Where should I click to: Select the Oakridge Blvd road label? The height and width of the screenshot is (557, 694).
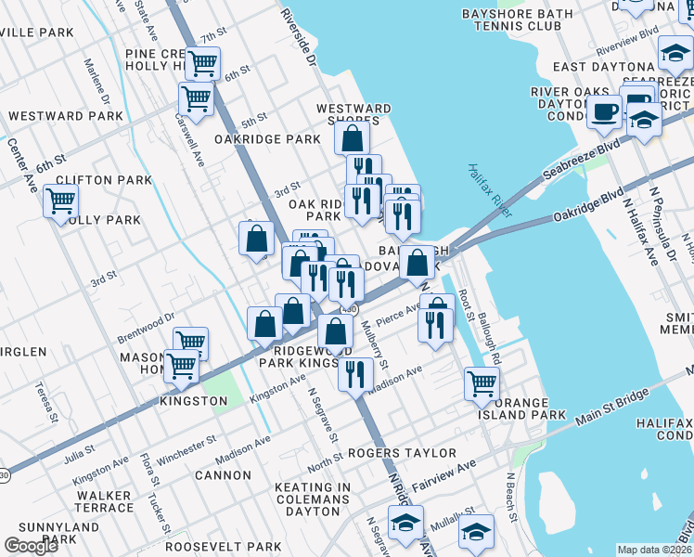586,202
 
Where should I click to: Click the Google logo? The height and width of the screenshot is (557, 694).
31,545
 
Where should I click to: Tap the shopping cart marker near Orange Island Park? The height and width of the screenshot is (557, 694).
482,382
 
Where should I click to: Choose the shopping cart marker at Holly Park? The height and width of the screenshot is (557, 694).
60,200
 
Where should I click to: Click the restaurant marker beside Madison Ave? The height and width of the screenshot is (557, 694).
354,373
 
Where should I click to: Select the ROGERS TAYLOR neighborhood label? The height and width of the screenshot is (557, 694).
402,453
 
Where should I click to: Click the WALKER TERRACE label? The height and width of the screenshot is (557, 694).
105,501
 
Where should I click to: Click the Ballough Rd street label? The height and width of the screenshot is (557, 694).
489,338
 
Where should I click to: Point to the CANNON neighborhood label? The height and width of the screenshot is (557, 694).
223,475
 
